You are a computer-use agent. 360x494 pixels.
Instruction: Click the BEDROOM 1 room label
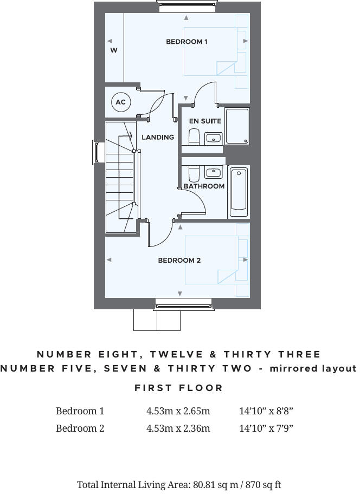[x=187, y=42]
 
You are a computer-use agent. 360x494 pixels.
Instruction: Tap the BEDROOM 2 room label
[x=179, y=261]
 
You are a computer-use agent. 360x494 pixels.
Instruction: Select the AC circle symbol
[x=120, y=102]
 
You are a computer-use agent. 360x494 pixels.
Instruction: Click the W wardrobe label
[x=114, y=50]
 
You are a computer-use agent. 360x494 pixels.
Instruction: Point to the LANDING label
[x=158, y=138]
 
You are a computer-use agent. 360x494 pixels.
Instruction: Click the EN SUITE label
[x=205, y=121]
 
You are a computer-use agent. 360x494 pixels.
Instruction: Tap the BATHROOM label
[x=204, y=186]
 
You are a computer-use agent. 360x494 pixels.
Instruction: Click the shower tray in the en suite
[x=237, y=126]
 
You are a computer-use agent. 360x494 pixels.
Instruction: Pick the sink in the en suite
[x=214, y=138]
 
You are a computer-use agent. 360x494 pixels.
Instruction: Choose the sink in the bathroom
[x=214, y=173]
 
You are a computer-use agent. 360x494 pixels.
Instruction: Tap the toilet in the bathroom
[x=194, y=173]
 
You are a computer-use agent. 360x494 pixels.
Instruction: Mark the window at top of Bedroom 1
[x=187, y=6]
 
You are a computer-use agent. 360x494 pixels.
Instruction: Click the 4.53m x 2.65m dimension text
[x=178, y=411]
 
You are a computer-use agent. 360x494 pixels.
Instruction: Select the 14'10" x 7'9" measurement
[x=266, y=428]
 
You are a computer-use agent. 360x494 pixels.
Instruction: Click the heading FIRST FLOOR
[x=179, y=388]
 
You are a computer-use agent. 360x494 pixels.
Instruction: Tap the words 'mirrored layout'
[x=314, y=368]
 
